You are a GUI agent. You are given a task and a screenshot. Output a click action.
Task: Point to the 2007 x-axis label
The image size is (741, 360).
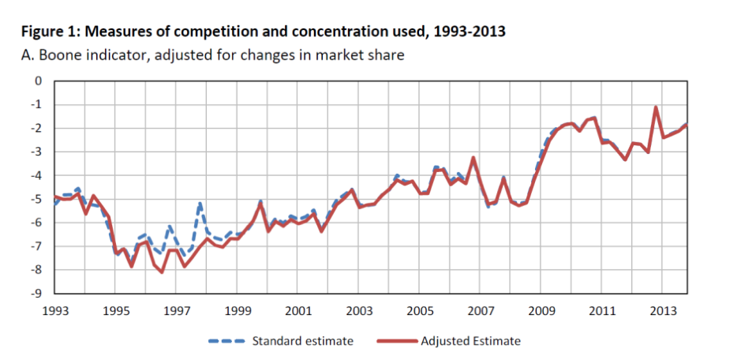(480, 310)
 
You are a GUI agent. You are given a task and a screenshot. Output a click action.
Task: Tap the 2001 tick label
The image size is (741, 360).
(298, 310)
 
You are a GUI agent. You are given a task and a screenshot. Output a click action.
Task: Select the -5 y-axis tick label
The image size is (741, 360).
(36, 199)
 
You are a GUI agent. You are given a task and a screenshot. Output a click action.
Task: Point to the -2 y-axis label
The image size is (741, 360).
(36, 128)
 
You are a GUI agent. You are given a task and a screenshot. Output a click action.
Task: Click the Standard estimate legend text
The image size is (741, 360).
(302, 341)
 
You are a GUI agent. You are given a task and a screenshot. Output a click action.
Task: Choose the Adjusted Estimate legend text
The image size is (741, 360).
(470, 341)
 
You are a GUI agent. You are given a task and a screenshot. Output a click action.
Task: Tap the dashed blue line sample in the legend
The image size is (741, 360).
(226, 341)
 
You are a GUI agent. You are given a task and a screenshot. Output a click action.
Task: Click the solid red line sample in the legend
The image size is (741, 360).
(395, 341)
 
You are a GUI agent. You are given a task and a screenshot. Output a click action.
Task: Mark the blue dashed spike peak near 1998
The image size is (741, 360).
(200, 203)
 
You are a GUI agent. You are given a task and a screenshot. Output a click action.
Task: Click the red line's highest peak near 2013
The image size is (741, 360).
(656, 107)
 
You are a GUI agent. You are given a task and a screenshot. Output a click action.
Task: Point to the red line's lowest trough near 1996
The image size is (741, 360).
(162, 272)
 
